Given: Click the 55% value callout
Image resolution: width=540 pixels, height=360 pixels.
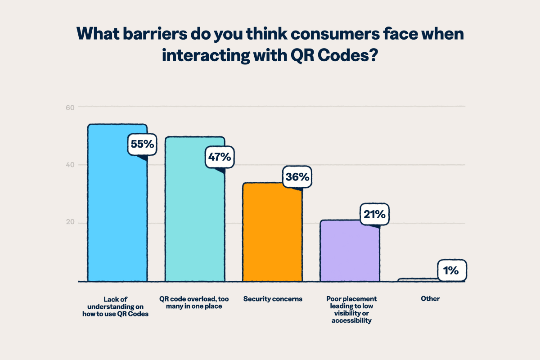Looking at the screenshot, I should point(143,144).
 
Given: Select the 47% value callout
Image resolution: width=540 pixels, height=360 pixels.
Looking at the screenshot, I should point(219,157).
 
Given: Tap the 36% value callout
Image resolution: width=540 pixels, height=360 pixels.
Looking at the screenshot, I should point(297,177).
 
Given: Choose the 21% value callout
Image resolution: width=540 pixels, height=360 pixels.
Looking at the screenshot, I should point(374,215).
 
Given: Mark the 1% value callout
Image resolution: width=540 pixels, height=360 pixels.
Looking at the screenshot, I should point(451,270).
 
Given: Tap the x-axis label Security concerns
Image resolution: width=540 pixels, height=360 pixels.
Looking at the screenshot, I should point(273,299).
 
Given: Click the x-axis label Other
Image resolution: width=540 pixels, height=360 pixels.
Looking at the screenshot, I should point(431,299).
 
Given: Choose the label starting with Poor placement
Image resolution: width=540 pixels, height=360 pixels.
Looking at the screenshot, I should point(351,310).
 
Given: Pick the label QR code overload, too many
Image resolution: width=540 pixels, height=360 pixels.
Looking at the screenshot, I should point(195,302).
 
